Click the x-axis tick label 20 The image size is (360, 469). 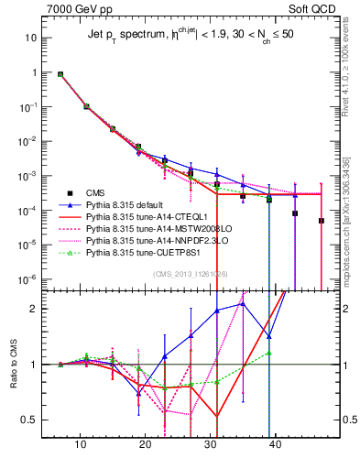tap(145, 445)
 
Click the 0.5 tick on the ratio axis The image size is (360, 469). tap(32, 420)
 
